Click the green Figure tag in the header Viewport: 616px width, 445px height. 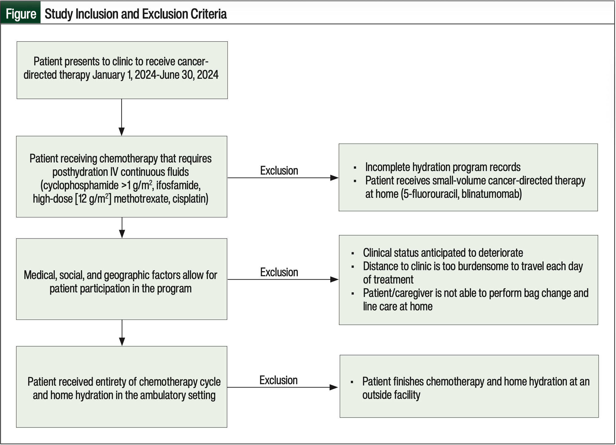20,12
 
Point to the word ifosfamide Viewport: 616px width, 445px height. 178,185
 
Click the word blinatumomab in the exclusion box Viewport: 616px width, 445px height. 492,194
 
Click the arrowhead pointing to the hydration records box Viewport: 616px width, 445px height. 334,178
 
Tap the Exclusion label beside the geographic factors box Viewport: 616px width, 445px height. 279,272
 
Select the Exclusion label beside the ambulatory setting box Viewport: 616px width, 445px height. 278,380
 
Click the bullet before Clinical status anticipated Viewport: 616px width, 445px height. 353,253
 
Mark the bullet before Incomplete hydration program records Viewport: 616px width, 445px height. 355,168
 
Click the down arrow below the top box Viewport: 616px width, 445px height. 122,117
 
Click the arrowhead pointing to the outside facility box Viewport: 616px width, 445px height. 334,387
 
